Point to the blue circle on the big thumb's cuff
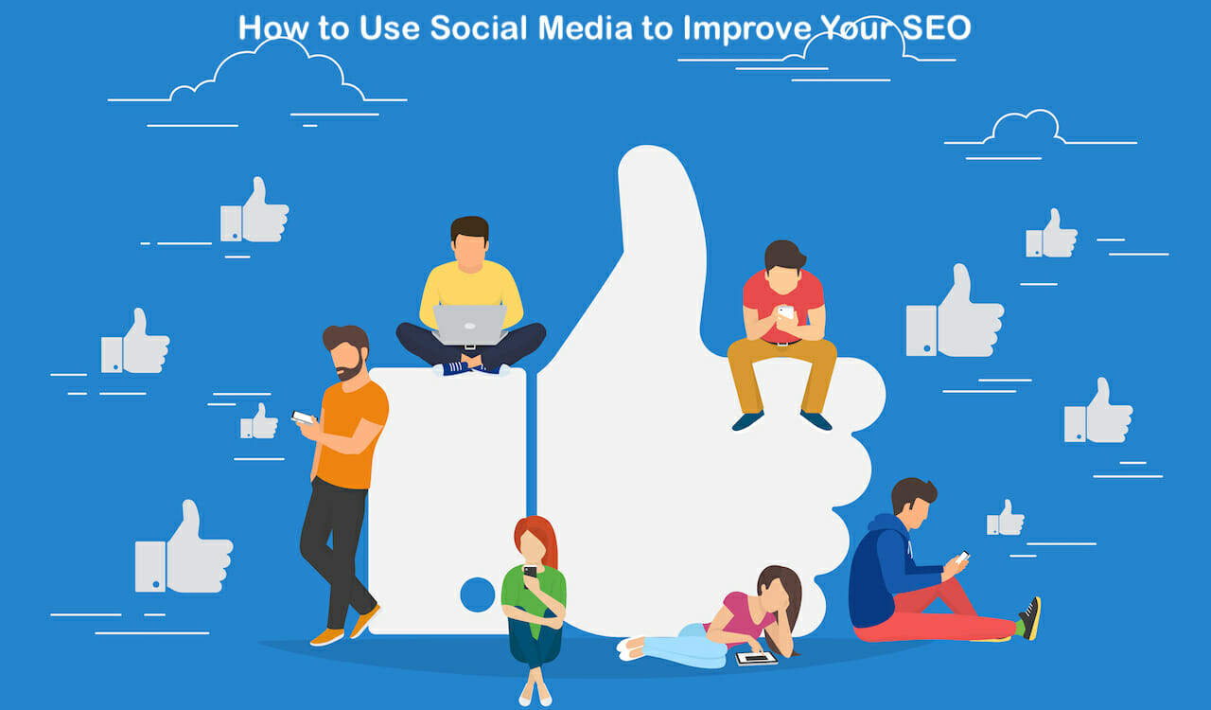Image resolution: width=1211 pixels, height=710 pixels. [477, 595]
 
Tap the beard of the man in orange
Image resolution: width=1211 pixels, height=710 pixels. [351, 368]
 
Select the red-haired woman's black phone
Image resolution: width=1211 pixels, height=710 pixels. [530, 571]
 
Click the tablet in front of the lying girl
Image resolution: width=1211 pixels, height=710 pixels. [756, 657]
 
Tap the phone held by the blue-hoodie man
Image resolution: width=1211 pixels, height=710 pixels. [962, 558]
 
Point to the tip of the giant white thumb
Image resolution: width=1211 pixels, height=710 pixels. [653, 161]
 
